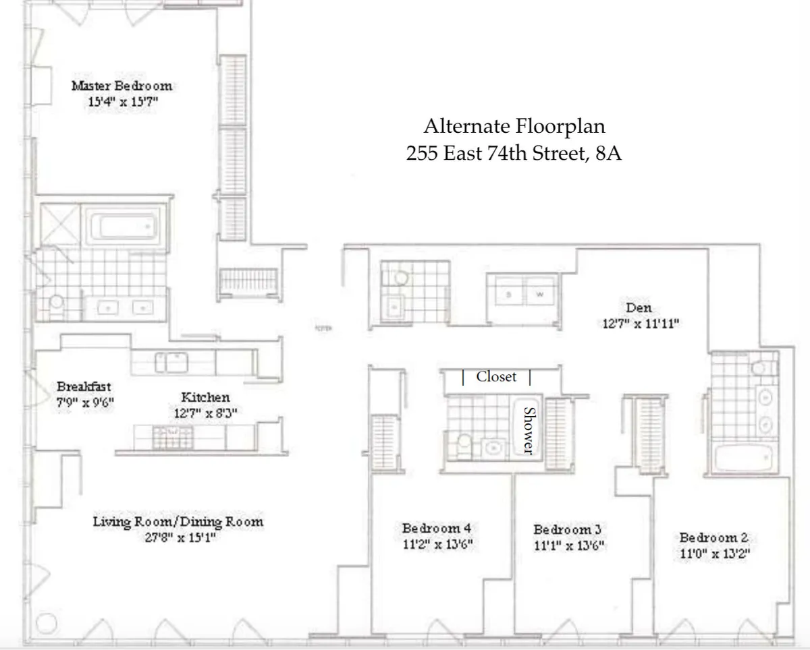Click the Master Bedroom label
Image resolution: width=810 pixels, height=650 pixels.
[x=122, y=86]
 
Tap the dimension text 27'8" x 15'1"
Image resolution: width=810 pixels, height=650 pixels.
[x=178, y=538]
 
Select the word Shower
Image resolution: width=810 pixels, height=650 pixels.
[x=529, y=430]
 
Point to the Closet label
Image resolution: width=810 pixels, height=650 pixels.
[x=496, y=377]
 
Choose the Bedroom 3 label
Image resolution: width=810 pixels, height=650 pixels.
[x=567, y=529]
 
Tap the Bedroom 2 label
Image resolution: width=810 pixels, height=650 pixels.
[x=713, y=537]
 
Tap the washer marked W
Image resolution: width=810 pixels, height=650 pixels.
[x=539, y=294]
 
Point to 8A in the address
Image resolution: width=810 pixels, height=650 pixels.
[x=608, y=153]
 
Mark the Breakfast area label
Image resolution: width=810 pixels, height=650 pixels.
[x=84, y=387]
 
